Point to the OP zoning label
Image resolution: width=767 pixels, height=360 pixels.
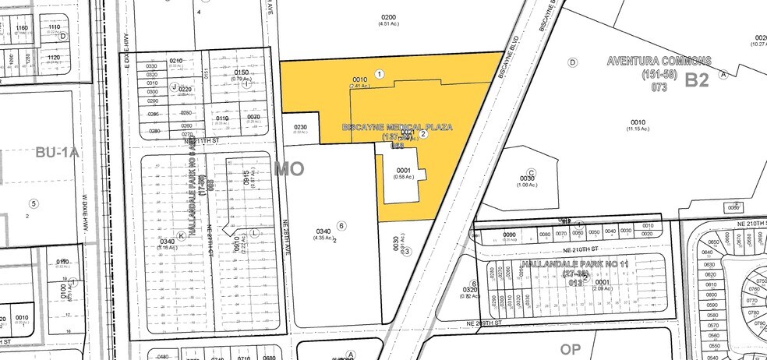coord(572,348)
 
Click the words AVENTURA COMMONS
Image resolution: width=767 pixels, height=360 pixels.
coord(658,61)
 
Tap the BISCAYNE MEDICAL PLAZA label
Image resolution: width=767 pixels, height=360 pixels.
coord(397,126)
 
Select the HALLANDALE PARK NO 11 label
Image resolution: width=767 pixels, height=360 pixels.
coord(576,265)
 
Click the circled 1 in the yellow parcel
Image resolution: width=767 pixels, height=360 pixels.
coord(379,74)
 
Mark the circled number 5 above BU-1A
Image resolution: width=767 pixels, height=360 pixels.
coord(34,203)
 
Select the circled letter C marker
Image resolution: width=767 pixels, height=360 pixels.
coord(532,173)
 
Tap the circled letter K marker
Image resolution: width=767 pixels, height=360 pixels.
coord(182,235)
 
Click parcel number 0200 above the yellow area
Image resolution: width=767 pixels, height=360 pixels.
coord(388,17)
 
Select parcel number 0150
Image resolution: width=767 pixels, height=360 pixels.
coord(241,72)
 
